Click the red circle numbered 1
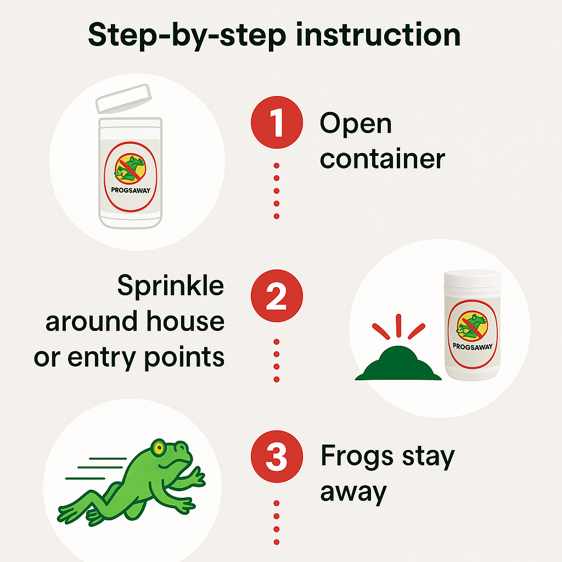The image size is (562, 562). [277, 122]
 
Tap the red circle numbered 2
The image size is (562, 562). [277, 296]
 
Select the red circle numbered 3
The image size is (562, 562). [277, 456]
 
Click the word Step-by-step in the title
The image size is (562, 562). [187, 36]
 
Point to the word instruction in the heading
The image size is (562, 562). [378, 35]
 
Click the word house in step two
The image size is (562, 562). [186, 321]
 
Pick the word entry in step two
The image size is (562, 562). [102, 358]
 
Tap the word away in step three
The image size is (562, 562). [353, 492]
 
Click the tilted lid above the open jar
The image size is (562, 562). [123, 99]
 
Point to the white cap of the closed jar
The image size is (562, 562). [472, 278]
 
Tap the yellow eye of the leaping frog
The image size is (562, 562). [158, 447]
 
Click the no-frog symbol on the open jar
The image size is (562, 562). [130, 168]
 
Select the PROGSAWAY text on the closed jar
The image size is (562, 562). [473, 347]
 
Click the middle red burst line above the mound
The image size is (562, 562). [398, 325]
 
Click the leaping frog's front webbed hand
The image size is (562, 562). [194, 478]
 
